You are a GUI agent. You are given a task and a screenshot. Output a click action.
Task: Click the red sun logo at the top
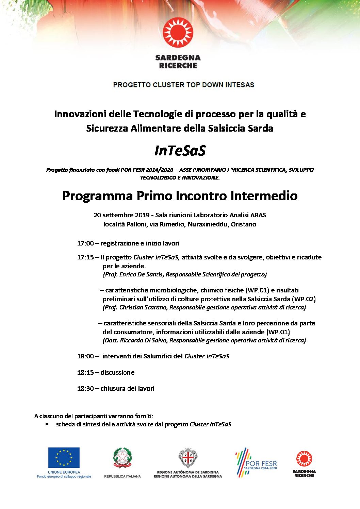[x=178, y=33]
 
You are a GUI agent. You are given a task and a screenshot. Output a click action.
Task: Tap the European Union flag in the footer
[x=64, y=457]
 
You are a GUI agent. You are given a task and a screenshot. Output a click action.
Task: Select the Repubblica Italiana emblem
[x=122, y=458]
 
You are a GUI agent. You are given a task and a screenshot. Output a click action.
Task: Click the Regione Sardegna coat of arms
[x=187, y=458]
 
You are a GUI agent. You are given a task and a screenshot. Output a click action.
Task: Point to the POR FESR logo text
[x=261, y=464]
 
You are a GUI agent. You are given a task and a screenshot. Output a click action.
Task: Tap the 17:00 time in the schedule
[x=85, y=243]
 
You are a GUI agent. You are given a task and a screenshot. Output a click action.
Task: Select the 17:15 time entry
[x=85, y=257]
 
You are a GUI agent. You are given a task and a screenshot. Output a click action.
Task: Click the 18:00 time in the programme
[x=85, y=356]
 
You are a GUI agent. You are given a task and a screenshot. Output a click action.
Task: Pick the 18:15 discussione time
[x=85, y=373]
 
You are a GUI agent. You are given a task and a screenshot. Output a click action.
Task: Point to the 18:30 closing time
[x=85, y=389]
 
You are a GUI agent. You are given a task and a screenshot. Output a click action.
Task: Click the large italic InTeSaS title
[x=180, y=151]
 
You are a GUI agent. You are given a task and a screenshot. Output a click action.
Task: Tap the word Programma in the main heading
[x=98, y=196]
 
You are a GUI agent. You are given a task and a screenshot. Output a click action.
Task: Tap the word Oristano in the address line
[x=244, y=224]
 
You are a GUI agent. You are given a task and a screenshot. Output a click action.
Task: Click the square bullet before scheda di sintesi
[x=47, y=424]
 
